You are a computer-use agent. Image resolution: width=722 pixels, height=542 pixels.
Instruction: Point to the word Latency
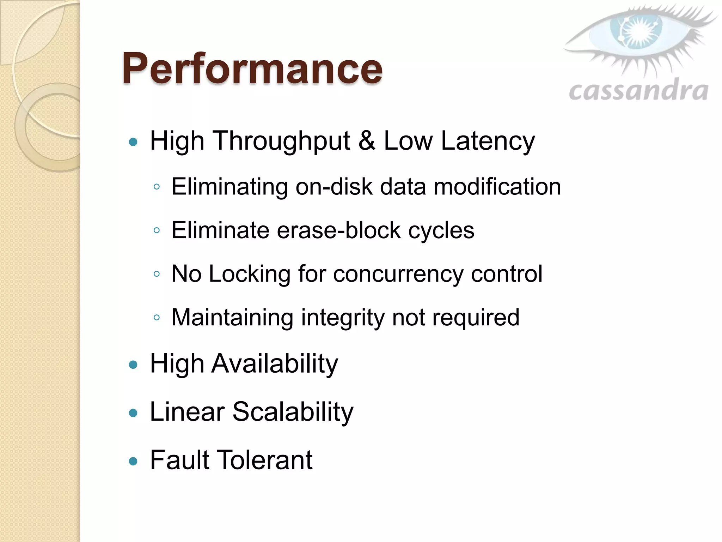488,141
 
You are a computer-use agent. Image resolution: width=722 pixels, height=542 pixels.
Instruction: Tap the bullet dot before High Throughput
133,142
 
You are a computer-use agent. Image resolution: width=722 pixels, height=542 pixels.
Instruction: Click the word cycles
441,230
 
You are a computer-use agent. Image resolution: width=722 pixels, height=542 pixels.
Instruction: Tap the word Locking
250,274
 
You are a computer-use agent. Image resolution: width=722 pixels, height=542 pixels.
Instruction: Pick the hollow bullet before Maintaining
157,318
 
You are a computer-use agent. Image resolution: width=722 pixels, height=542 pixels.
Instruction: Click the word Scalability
293,412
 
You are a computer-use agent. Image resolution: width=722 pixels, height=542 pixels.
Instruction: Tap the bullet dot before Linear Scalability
133,413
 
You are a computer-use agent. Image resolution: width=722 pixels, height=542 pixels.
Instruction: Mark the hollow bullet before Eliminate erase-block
157,230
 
